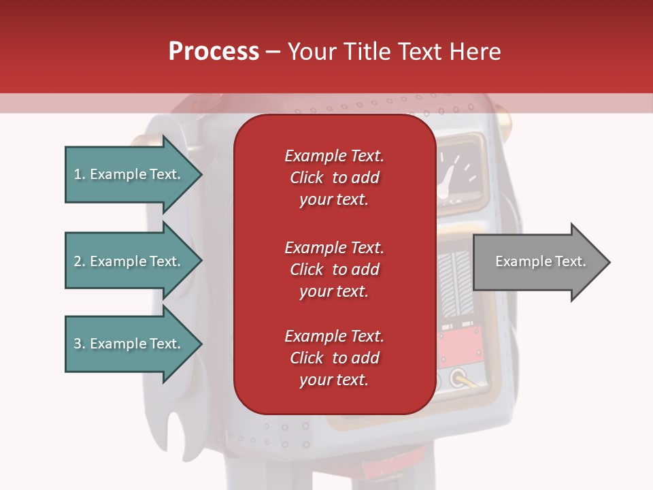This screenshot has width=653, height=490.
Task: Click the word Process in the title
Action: coord(214,52)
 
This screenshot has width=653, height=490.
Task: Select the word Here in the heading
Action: coord(475,52)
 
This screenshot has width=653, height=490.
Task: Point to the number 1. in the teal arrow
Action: coord(80,174)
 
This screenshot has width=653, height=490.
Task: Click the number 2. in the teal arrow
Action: coord(80,261)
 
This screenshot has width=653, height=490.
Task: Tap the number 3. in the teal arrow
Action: coord(80,344)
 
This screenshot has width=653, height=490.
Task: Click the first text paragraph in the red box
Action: coord(334,178)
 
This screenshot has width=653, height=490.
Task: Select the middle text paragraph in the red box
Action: coord(334,269)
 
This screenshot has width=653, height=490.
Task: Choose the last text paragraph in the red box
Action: coord(334,358)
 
